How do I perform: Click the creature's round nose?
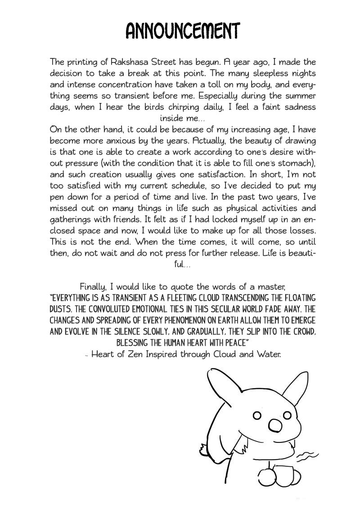point(274,425)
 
